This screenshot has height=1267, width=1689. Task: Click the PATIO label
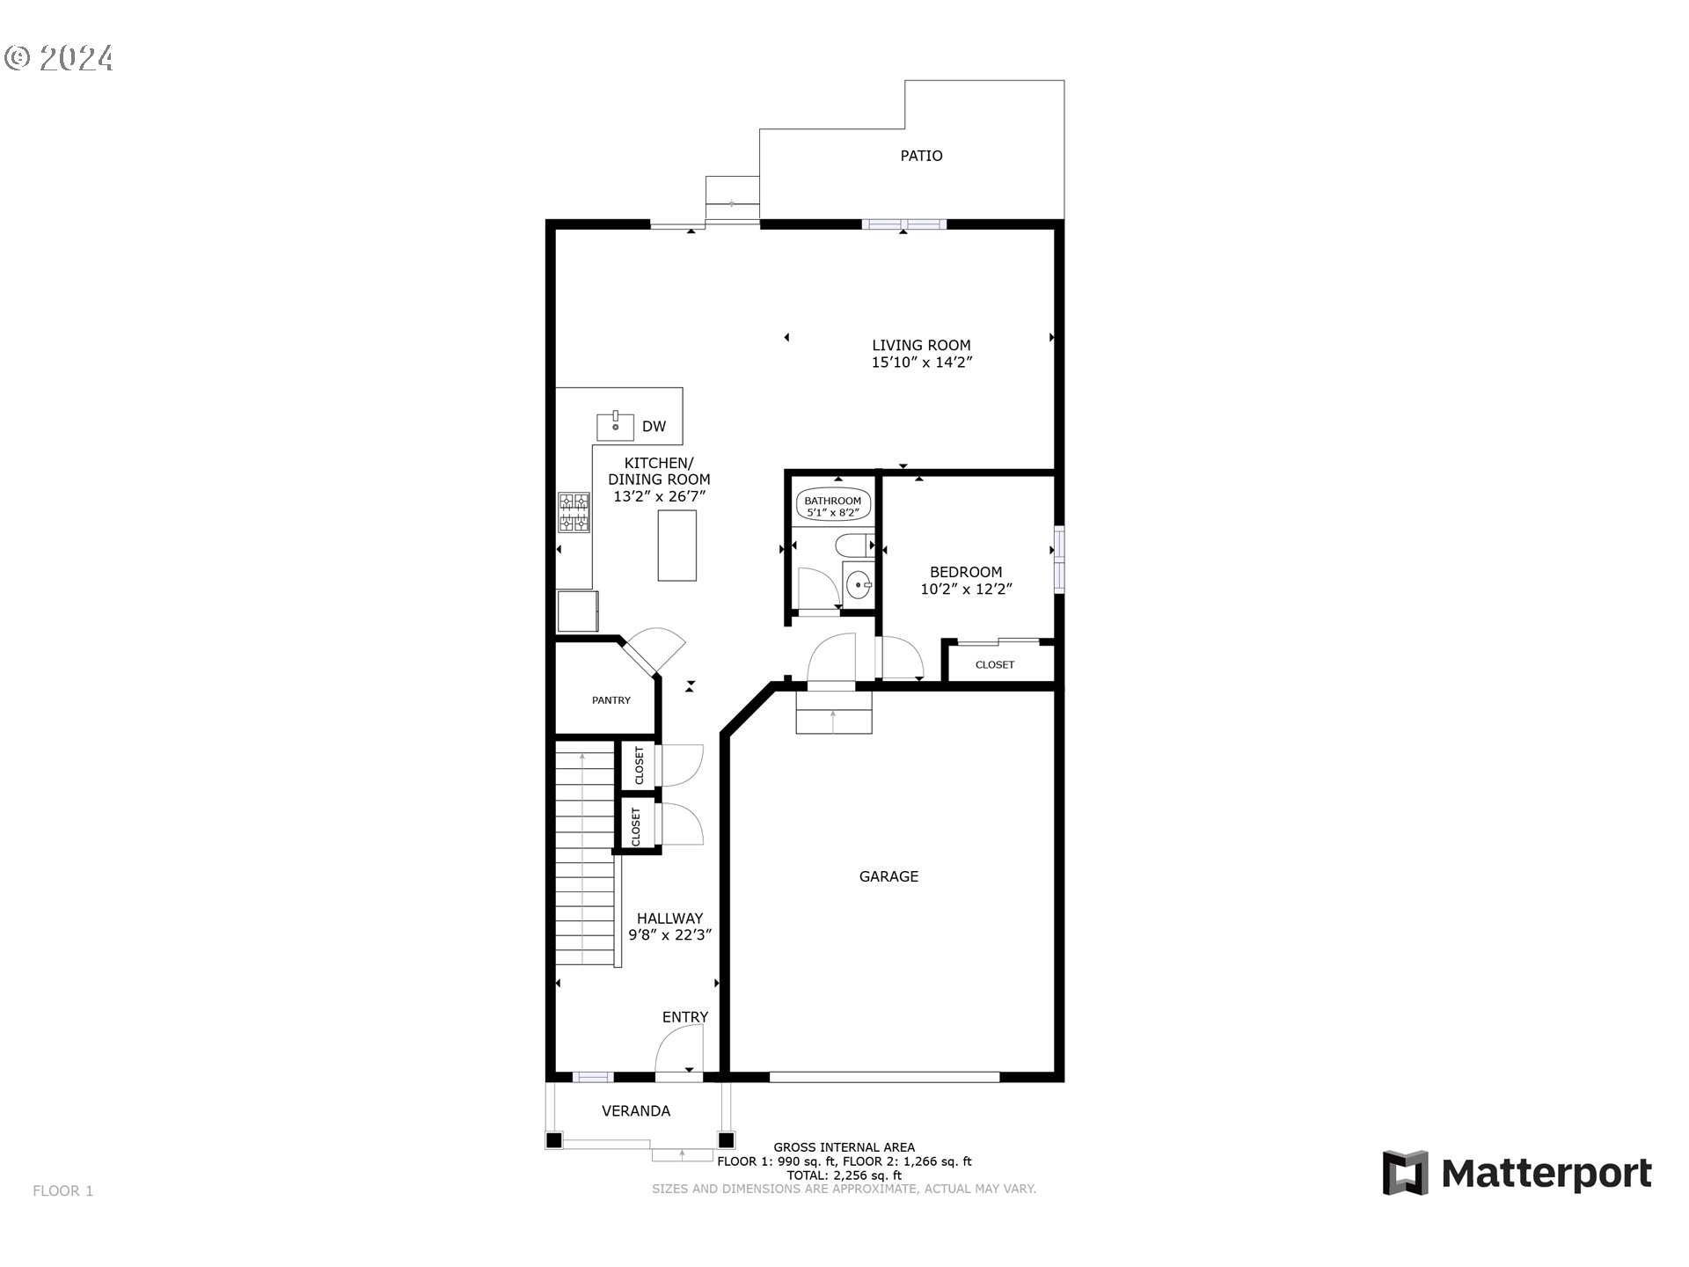tap(921, 156)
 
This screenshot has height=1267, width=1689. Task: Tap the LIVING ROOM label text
tap(921, 345)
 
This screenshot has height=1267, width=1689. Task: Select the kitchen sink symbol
tap(615, 427)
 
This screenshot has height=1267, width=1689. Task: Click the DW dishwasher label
tap(654, 427)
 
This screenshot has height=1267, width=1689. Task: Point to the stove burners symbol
tap(574, 512)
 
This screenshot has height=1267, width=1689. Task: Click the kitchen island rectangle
tap(676, 545)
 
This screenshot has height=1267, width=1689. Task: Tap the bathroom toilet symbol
tap(853, 545)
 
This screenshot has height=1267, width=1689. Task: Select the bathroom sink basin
tap(858, 582)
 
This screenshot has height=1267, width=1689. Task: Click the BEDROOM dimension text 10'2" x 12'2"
tap(966, 590)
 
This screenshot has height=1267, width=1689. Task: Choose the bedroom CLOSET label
tap(994, 665)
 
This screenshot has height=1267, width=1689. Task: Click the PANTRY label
tap(611, 700)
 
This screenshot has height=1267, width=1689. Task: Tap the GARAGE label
tap(888, 876)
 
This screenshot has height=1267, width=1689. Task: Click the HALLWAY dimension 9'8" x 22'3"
tap(669, 935)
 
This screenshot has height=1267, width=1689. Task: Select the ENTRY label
tap(684, 1017)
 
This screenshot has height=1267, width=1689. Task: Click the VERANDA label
tap(635, 1111)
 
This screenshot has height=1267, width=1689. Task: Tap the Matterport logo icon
tap(1405, 1173)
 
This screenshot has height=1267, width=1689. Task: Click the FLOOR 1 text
tap(62, 1191)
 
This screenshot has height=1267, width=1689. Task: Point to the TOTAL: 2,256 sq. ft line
tap(844, 1175)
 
